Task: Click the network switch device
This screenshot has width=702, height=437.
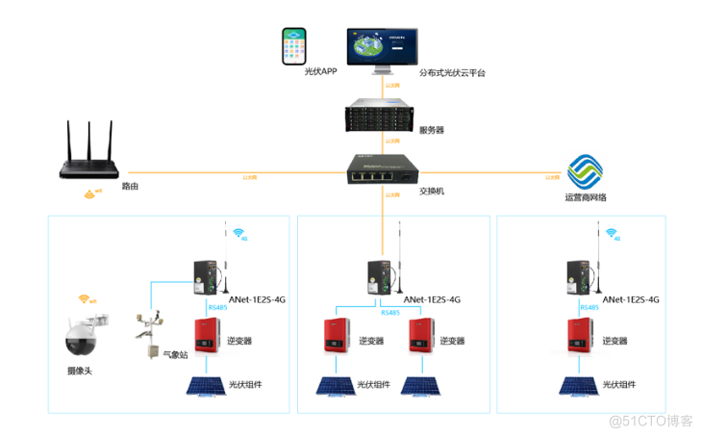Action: pyautogui.click(x=384, y=172)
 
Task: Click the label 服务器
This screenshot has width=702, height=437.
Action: pyautogui.click(x=432, y=130)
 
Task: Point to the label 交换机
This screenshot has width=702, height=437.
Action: pyautogui.click(x=432, y=191)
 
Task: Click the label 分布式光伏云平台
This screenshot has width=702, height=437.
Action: pyautogui.click(x=451, y=73)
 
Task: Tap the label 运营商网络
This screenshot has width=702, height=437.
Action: pyautogui.click(x=586, y=198)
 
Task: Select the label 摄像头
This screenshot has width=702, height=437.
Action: pyautogui.click(x=81, y=371)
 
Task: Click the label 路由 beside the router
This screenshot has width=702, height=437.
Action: pyautogui.click(x=130, y=187)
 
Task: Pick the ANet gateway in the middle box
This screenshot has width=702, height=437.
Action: pyautogui.click(x=383, y=279)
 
